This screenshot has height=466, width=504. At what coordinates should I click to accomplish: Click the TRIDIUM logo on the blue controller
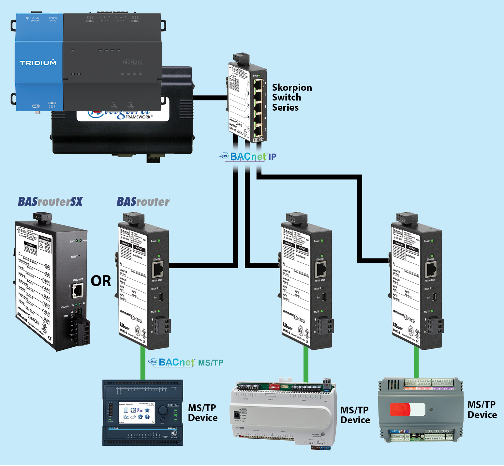coord(38,63)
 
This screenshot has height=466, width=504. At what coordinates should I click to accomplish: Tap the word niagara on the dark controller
coord(132,62)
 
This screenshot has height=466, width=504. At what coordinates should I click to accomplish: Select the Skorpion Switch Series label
coord(291,97)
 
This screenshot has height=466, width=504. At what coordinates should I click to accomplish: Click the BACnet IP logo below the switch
coord(248,157)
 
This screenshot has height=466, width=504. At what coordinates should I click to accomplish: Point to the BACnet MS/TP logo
coord(186,362)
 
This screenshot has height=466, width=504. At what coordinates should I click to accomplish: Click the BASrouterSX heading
coord(50,202)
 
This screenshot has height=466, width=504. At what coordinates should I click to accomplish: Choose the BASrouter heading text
coord(143,202)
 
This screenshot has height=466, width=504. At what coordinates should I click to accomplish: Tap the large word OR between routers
coord(101,281)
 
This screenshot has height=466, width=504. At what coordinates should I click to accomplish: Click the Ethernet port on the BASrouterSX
coord(78,290)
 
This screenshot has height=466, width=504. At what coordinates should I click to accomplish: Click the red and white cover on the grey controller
coord(408,409)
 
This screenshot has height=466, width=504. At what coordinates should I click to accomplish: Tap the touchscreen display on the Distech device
coord(136,412)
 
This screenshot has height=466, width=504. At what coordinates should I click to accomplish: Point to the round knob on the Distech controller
coord(163,410)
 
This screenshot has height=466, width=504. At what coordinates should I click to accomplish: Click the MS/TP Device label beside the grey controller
coord(482,410)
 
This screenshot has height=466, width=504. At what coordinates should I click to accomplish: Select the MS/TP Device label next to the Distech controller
coord(202,412)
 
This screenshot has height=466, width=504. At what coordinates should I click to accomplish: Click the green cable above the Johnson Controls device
coord(306,364)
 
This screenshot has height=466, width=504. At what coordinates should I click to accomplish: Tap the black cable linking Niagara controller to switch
coord(210,98)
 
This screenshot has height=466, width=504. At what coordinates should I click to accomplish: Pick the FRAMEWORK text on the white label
coord(139,117)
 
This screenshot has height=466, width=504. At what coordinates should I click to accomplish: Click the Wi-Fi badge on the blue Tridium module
coord(36,106)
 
